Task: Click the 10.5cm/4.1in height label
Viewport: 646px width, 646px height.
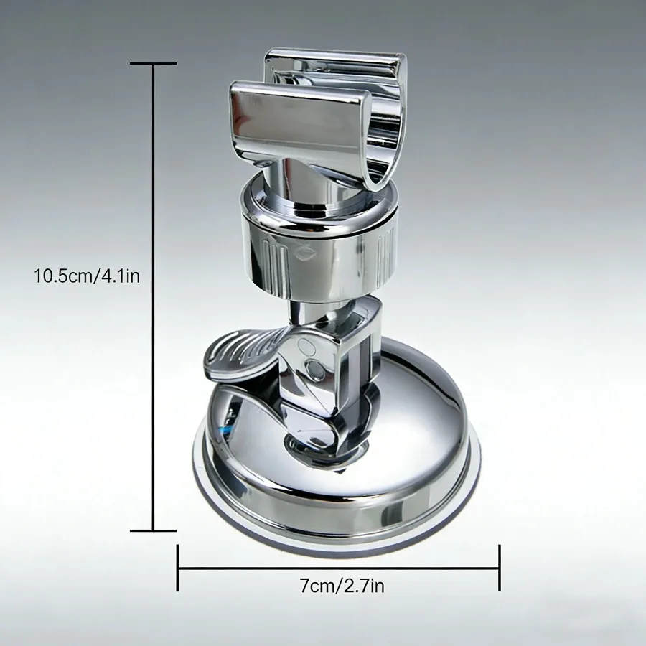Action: point(87,276)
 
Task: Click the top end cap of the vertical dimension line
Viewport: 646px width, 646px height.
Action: point(154,64)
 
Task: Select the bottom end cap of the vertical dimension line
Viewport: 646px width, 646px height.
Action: point(154,531)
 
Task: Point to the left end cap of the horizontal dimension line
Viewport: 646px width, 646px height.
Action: point(178,568)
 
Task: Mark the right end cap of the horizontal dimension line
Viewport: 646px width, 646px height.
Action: point(499,568)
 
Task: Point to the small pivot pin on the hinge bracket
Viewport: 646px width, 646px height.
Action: point(314,370)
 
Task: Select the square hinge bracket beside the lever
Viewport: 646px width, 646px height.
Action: point(352,352)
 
